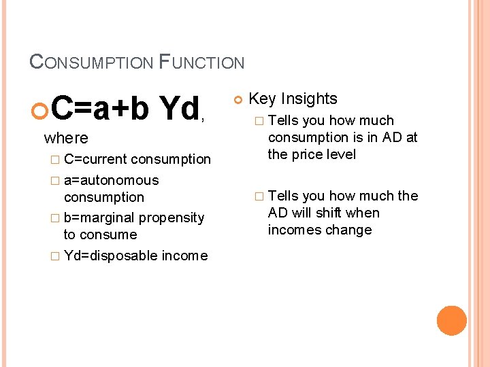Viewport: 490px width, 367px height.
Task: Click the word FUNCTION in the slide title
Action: (x=201, y=63)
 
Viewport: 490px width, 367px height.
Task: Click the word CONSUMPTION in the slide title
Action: (x=91, y=63)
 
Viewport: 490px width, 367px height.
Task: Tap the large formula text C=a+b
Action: (x=100, y=109)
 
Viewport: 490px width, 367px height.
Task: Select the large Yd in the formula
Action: (x=178, y=109)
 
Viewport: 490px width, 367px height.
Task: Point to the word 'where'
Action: (x=66, y=138)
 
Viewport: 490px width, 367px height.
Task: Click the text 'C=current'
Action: (x=95, y=159)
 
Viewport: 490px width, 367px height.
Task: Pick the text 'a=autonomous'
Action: (x=111, y=180)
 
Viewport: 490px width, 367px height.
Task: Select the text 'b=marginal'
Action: (x=99, y=217)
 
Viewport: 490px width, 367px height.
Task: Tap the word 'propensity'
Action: (x=171, y=217)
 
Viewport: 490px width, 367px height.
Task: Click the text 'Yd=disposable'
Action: (x=111, y=256)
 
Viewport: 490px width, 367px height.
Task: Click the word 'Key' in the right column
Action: (x=262, y=99)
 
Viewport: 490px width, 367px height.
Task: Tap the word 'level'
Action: (x=341, y=154)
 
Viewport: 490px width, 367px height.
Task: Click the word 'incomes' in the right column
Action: (x=293, y=230)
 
